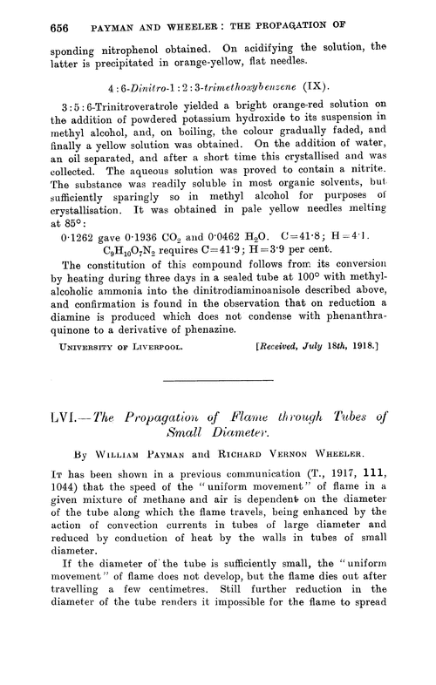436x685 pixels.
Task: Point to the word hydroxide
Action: [x=260, y=129]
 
